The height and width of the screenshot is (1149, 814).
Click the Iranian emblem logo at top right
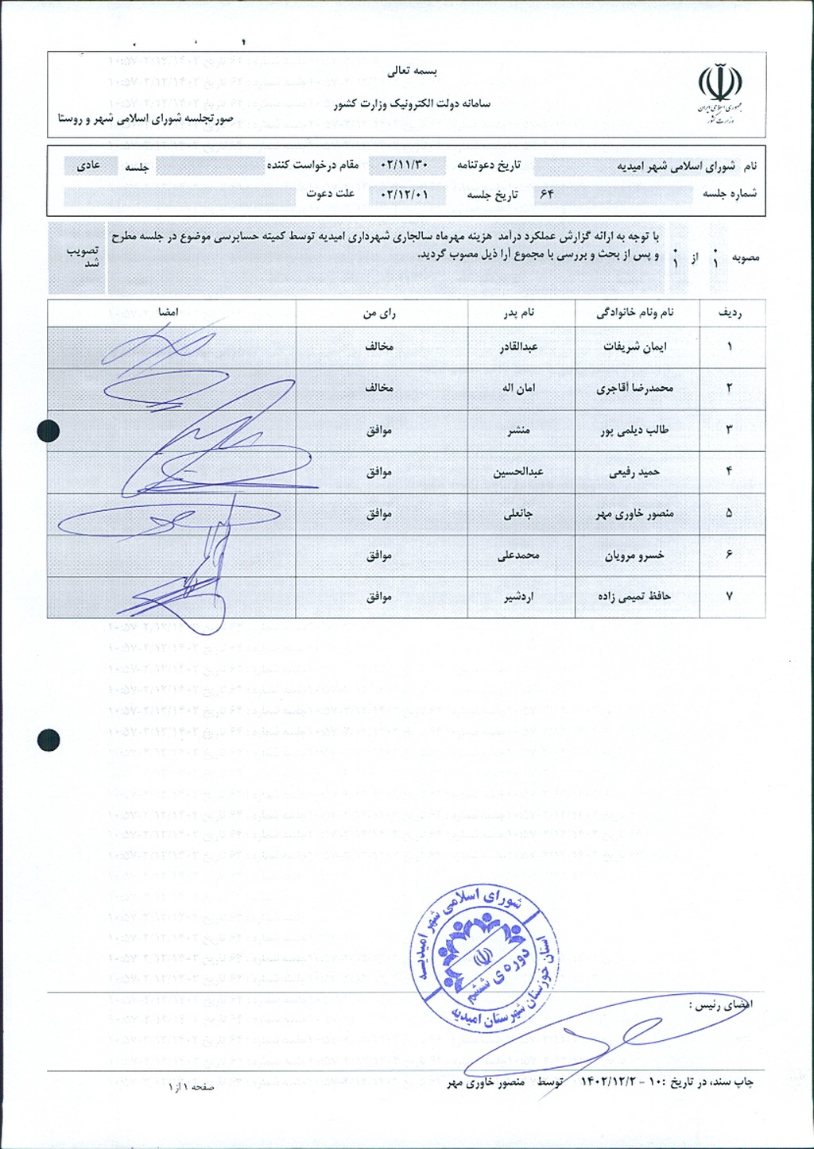(719, 94)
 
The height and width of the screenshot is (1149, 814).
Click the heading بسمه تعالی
(413, 71)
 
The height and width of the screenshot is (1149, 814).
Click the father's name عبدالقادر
(518, 347)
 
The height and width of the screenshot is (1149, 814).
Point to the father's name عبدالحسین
(518, 472)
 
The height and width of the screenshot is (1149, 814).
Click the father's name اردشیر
(518, 597)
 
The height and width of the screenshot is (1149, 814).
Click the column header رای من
(379, 313)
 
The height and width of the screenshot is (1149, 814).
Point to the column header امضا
(168, 312)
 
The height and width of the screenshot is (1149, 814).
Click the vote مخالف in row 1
(379, 347)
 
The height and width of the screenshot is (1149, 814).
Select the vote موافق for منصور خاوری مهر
(379, 513)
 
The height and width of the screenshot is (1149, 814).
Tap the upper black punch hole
(48, 430)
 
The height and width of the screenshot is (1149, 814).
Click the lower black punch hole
(48, 740)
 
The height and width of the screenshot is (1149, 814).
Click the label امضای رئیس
(720, 1005)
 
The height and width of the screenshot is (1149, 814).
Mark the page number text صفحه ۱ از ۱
(191, 1086)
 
